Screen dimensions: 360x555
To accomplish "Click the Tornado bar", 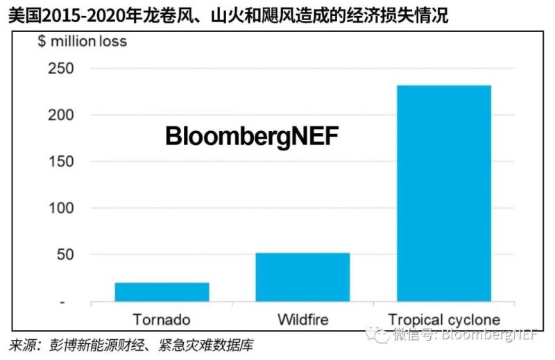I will tap(162, 292).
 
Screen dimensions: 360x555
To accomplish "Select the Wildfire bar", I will tap(302, 277).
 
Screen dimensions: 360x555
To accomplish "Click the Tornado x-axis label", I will tap(162, 320).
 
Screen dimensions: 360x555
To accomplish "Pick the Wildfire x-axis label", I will tap(302, 320).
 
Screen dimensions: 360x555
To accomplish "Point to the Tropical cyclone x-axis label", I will tap(444, 320).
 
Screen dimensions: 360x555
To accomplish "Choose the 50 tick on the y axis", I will tap(63, 255).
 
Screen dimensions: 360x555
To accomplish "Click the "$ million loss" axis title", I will tap(82, 42).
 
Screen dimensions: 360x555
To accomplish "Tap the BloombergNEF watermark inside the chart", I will tap(251, 136).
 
